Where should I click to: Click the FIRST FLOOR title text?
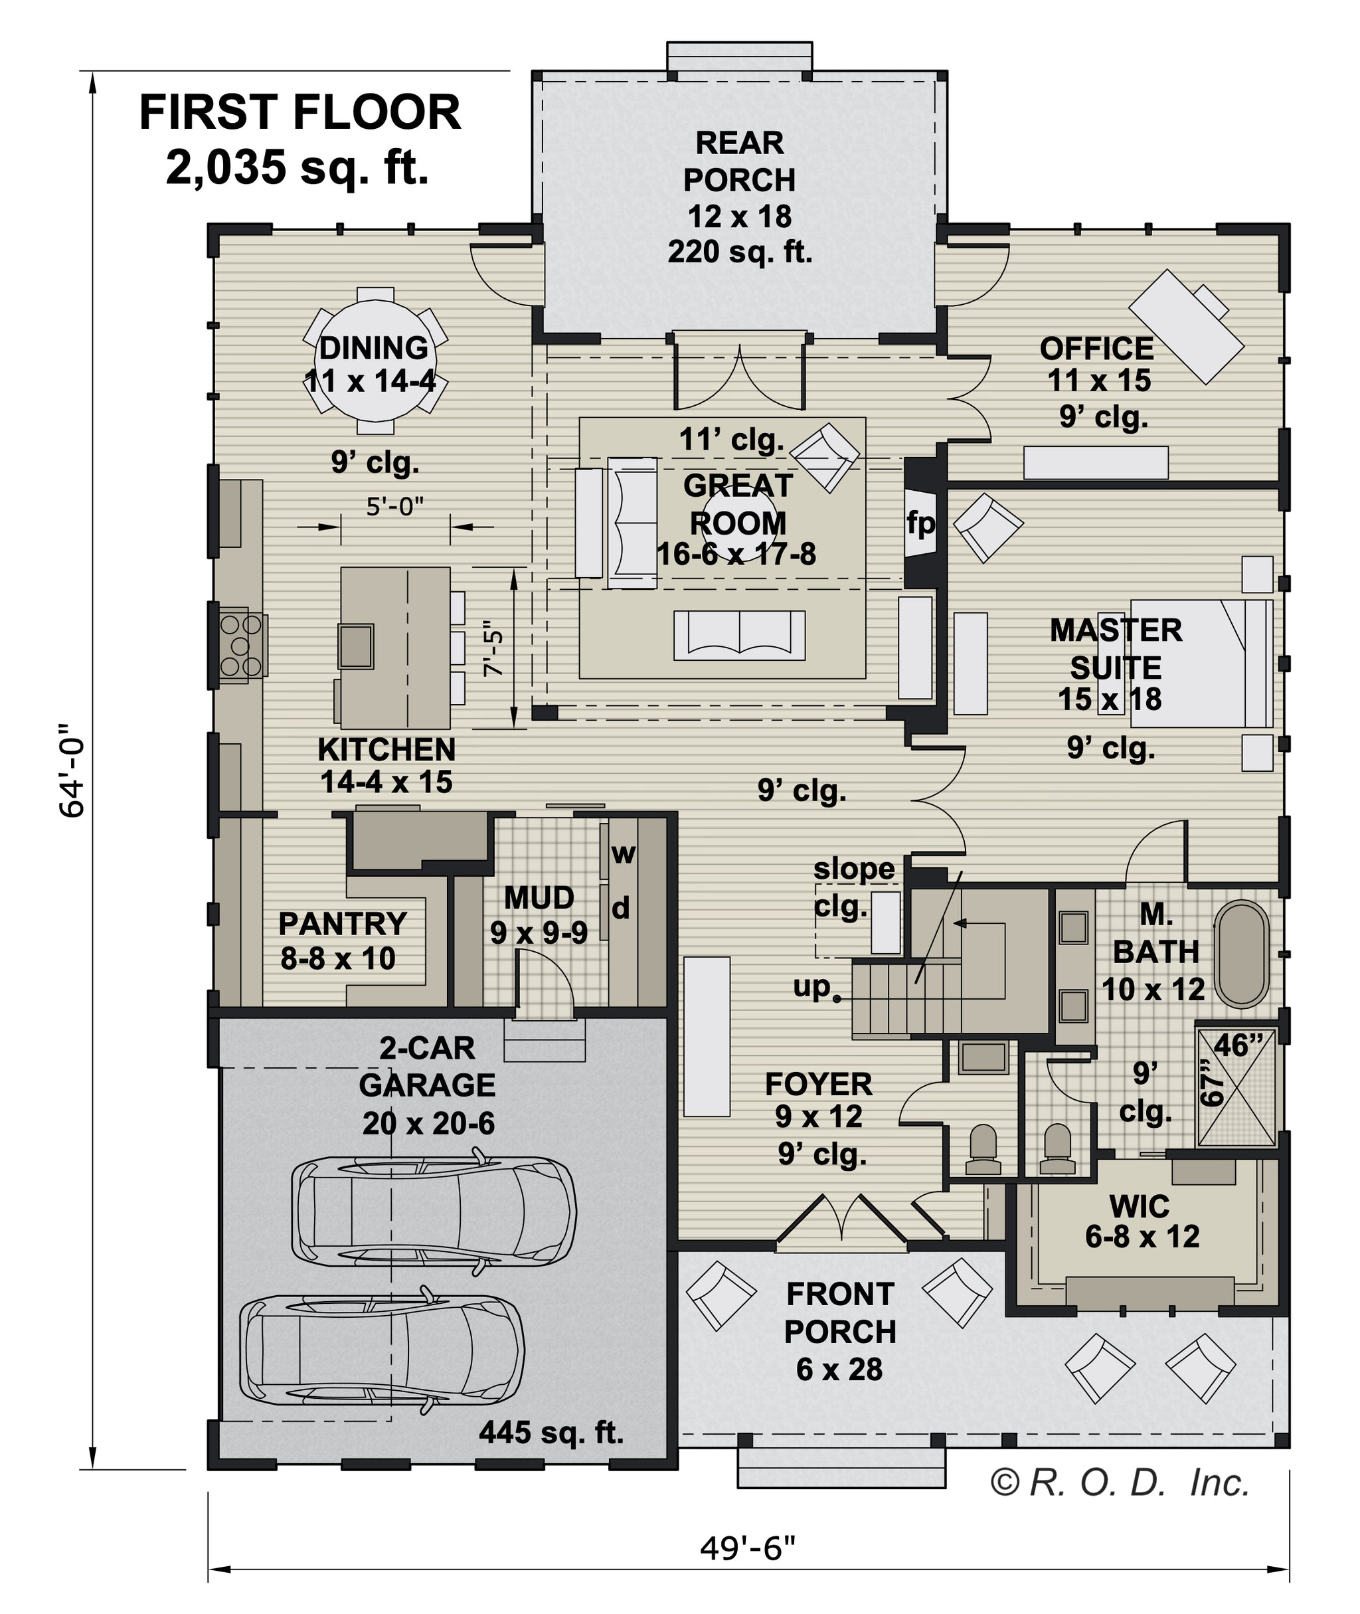click(x=300, y=113)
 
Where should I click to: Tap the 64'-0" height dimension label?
click(x=72, y=770)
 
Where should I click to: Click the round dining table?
click(x=375, y=360)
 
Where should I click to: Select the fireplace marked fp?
click(x=920, y=523)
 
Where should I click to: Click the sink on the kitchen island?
click(x=356, y=646)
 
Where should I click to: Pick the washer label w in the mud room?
click(x=623, y=853)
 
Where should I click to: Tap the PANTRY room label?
click(x=342, y=923)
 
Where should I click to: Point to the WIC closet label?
click(x=1140, y=1206)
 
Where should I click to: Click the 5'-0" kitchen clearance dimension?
click(x=394, y=507)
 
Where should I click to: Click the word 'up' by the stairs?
click(x=813, y=987)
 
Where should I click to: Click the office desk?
click(x=1186, y=326)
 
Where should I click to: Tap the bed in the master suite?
click(x=1202, y=663)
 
